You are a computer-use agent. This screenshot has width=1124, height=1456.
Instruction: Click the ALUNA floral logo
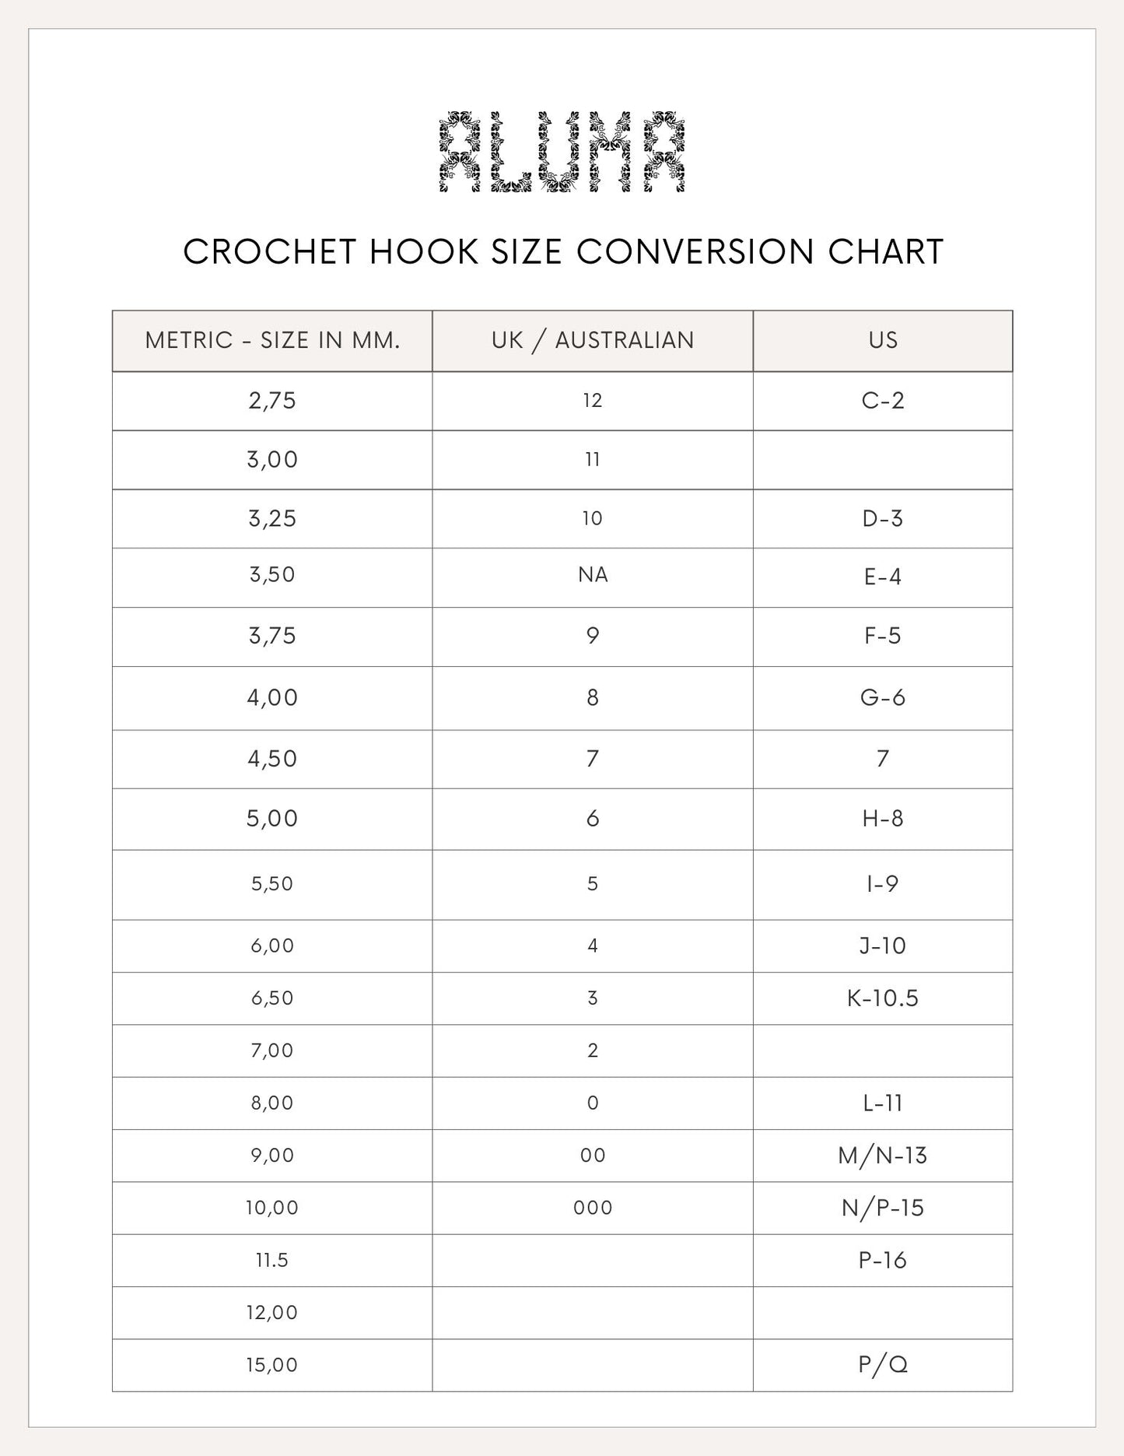point(562,153)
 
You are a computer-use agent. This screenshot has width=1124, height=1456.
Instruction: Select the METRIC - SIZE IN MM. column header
point(272,341)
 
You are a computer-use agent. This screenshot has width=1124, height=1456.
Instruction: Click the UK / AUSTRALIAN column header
point(593,341)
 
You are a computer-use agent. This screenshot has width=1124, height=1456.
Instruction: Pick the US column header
point(883,341)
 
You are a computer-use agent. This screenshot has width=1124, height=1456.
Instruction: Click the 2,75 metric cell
point(272,401)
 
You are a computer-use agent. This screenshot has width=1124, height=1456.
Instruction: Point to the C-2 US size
point(883,401)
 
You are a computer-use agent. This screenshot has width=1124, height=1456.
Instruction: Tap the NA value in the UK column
point(593,575)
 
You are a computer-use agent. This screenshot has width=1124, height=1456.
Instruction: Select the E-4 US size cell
point(883,577)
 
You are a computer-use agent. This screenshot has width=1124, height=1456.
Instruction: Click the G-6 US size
point(883,697)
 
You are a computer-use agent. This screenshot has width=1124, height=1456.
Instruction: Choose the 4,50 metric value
point(272,759)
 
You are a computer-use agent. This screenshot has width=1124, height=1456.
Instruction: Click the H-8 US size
point(883,819)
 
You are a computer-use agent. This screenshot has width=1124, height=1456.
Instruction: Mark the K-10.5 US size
point(883,998)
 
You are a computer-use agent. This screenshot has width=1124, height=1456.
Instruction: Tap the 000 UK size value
point(593,1208)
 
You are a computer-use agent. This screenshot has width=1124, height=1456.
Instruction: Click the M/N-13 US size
point(883,1156)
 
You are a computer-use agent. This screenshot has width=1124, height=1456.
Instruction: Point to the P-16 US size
point(883,1260)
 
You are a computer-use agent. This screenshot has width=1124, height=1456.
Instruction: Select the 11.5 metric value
point(272,1260)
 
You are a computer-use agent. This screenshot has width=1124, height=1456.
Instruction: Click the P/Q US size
point(883,1364)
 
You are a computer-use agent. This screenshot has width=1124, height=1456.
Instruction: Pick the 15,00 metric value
point(272,1364)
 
